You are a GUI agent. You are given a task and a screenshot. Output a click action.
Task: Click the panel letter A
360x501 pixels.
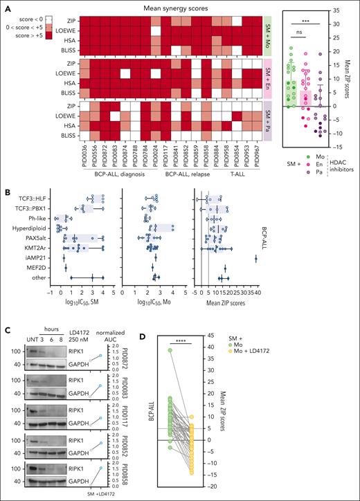(6, 6)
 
